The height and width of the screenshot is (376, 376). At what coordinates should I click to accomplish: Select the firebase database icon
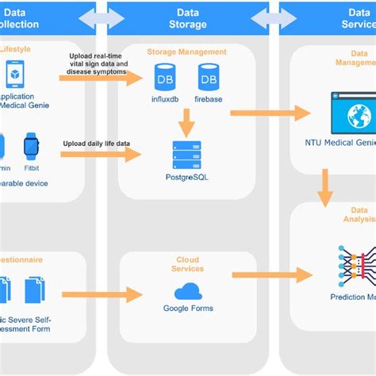point(208,77)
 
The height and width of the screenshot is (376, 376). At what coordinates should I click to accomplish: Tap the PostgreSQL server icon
point(187,155)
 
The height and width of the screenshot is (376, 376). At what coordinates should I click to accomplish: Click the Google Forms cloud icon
point(188,291)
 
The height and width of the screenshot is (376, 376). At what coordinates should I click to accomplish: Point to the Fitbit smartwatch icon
point(31,146)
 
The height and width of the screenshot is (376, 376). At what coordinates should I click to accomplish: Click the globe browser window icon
point(351,114)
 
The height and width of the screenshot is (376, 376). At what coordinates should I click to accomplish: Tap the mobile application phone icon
point(14,75)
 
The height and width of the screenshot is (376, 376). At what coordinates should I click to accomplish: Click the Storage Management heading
point(186,52)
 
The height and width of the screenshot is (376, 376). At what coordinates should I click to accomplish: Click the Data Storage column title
point(187,18)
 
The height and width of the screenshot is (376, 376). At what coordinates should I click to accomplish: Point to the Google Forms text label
point(187,309)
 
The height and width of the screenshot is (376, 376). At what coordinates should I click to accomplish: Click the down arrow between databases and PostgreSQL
point(187,121)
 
